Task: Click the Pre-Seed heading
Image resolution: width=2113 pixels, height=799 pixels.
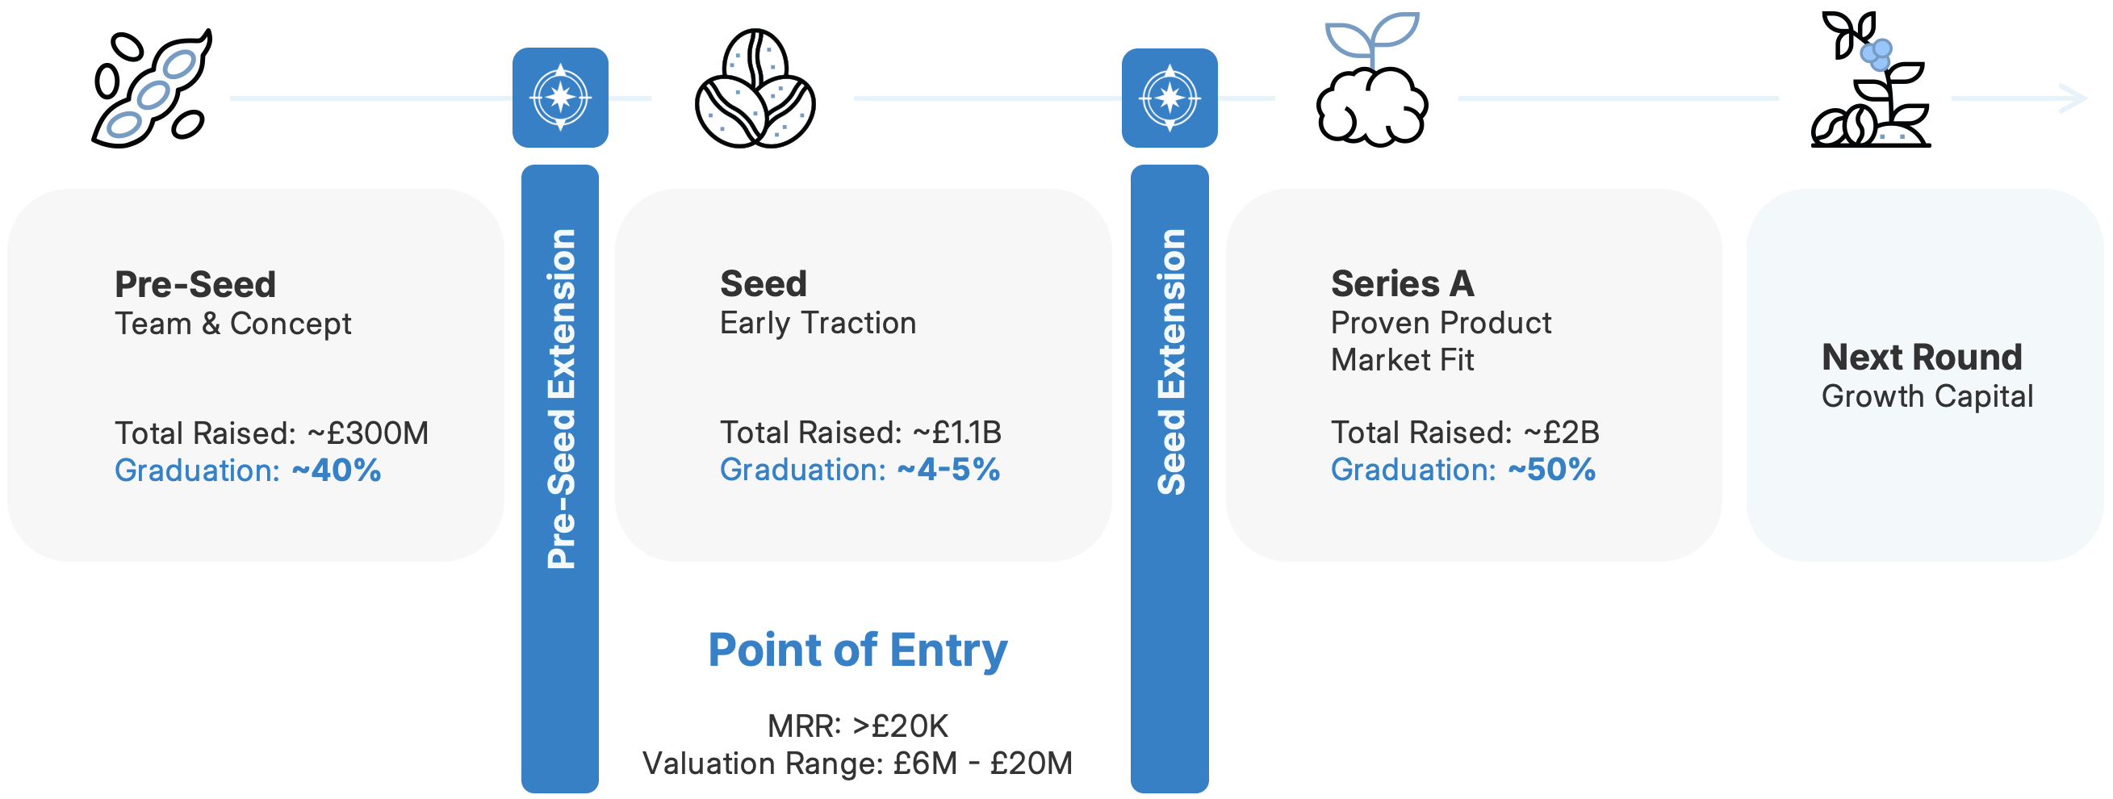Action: tap(195, 285)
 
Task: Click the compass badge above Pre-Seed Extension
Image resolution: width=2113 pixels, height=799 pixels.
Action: tap(560, 98)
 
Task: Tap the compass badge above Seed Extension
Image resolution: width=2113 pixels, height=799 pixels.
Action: tap(1169, 98)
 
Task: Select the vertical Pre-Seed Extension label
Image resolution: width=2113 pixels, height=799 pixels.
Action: tap(561, 398)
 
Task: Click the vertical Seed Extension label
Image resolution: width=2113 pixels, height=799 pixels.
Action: tap(1170, 361)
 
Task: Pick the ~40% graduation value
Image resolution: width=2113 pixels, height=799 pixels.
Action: tap(337, 470)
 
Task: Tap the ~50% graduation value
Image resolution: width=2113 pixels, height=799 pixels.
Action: tap(1551, 469)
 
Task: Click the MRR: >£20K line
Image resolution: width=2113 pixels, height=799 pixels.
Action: tap(857, 726)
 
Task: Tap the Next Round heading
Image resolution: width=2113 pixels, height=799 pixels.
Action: tap(1921, 357)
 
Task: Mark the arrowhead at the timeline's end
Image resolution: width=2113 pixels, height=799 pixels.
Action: tap(2074, 98)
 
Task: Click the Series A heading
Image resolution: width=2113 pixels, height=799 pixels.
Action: tap(1402, 284)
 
